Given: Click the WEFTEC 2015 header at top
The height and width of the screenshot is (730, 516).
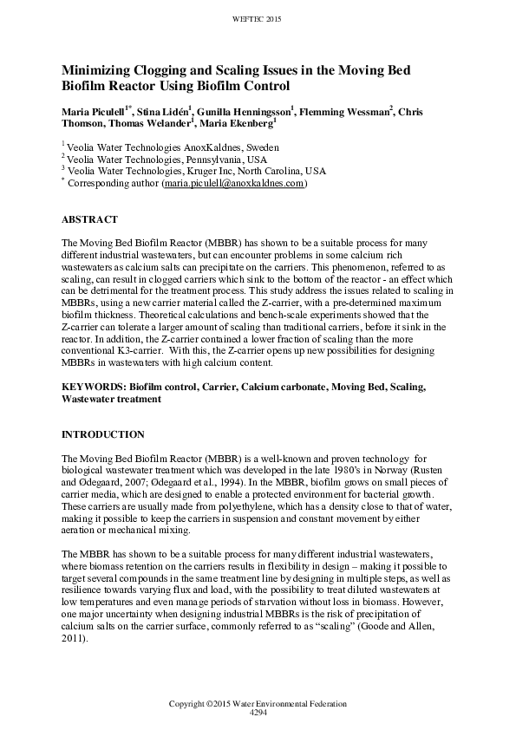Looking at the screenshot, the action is coord(258,17).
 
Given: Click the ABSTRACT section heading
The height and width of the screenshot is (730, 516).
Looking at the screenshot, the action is coord(89,219).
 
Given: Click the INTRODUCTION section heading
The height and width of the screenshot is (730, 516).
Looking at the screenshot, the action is coord(102,433).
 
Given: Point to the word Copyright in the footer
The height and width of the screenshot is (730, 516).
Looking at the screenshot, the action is coord(188,702).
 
